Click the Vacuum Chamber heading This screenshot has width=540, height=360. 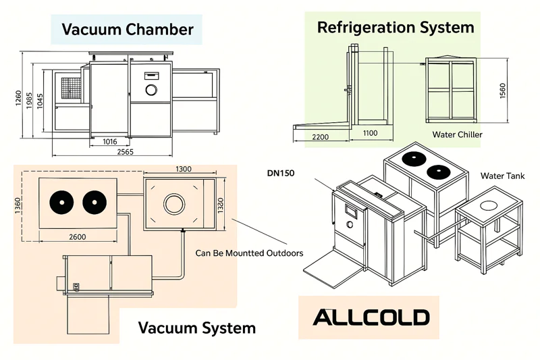pyautogui.click(x=128, y=30)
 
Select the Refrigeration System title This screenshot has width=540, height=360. pyautogui.click(x=396, y=28)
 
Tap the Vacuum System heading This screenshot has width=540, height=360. pyautogui.click(x=197, y=328)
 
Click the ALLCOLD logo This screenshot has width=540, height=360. pyautogui.click(x=370, y=317)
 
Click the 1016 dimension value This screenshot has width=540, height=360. pyautogui.click(x=111, y=142)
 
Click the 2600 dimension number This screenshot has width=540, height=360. pyautogui.click(x=77, y=236)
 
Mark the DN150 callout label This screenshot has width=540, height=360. pyautogui.click(x=281, y=173)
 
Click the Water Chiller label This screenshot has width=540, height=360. pyautogui.click(x=458, y=134)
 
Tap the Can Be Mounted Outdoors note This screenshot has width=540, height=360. pyautogui.click(x=249, y=253)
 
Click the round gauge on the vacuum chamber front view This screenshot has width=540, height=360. pyautogui.click(x=151, y=89)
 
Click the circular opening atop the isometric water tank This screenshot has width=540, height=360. pyautogui.click(x=488, y=205)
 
